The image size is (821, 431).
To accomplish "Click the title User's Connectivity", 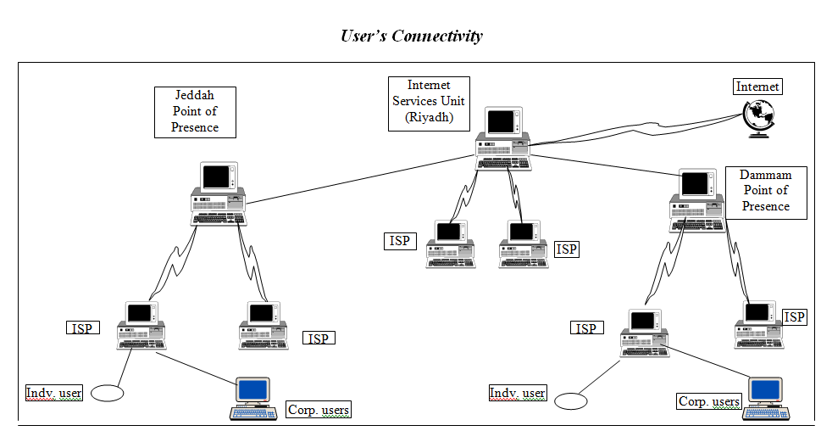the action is [x=411, y=36].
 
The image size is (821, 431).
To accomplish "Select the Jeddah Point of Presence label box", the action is [x=195, y=112].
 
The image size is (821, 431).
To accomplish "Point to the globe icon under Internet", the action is [x=758, y=119].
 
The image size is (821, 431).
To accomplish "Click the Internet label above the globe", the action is [x=757, y=87].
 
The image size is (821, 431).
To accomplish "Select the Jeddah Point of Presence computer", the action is [x=219, y=194].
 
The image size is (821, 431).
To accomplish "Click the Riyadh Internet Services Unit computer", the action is [x=503, y=138].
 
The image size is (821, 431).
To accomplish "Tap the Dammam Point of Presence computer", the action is [x=697, y=200].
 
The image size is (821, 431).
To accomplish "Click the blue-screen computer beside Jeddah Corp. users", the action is [x=253, y=399].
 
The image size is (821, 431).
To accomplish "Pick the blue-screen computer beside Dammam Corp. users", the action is [x=766, y=399].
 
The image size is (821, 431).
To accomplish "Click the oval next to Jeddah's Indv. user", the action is [x=108, y=394].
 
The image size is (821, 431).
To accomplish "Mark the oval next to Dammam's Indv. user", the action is [x=571, y=401].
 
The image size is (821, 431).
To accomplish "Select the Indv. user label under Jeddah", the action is [x=54, y=394].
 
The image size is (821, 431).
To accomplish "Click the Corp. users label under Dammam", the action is [x=709, y=401].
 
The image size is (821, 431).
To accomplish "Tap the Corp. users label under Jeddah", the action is [x=319, y=410].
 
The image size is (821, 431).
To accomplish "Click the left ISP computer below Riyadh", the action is [x=451, y=244].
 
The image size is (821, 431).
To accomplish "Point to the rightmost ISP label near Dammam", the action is [x=794, y=316].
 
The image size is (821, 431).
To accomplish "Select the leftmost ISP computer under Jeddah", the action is [x=141, y=325].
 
